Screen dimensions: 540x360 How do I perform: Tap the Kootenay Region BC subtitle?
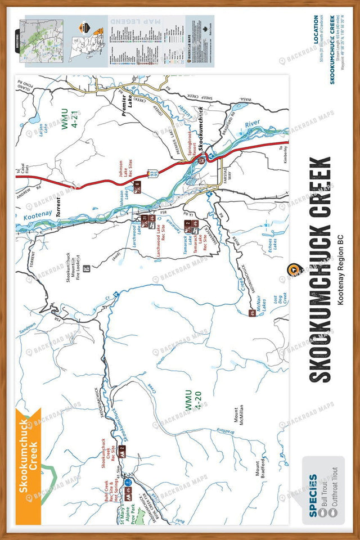point(341,269)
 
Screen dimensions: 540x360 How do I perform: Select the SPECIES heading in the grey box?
point(313,488)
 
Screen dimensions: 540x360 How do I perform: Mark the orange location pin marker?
point(291,270)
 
